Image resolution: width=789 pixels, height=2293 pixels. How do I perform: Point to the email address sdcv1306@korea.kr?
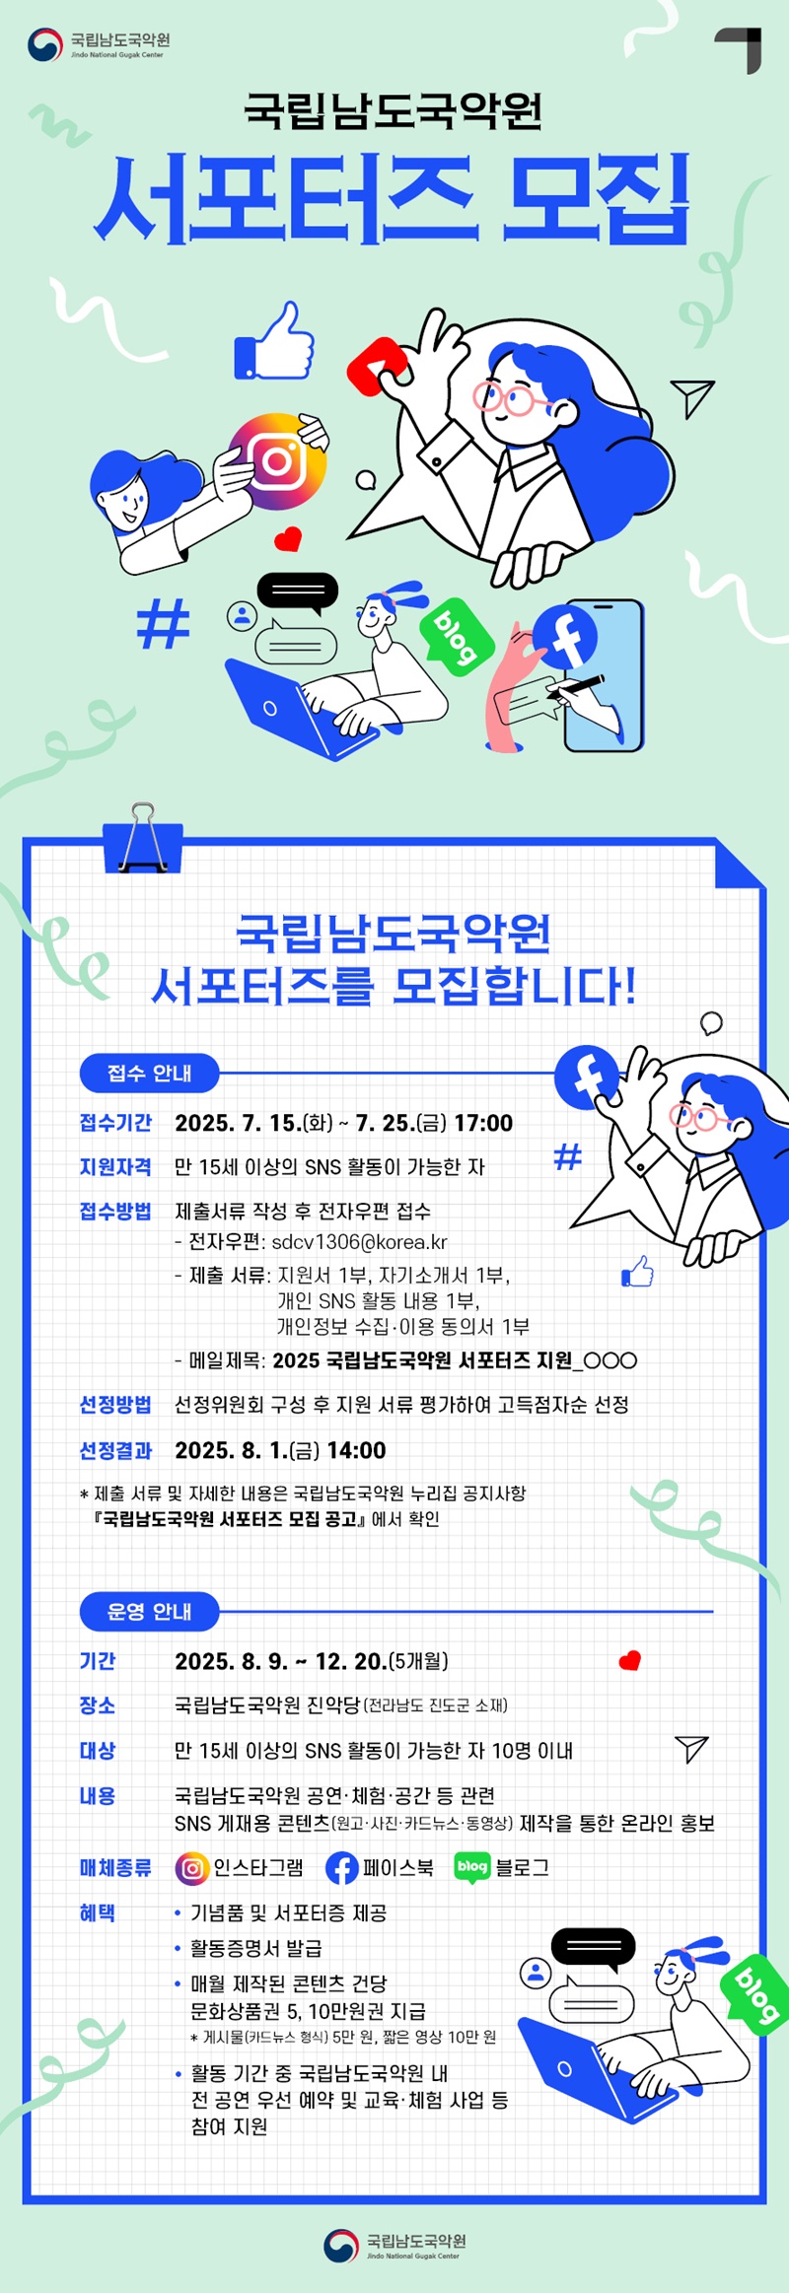coord(359,1242)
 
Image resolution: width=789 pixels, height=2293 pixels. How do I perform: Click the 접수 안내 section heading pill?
coord(149,1073)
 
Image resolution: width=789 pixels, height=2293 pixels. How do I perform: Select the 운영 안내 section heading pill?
coord(149,1611)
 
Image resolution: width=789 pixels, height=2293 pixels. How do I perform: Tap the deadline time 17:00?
coord(483,1123)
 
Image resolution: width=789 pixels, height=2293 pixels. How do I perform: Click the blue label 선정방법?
coord(115,1404)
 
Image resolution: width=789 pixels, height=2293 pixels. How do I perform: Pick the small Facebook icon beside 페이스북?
coord(341,1868)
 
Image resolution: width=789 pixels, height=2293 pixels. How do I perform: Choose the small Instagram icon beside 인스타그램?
coord(191,1868)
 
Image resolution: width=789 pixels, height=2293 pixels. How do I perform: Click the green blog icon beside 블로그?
coord(472,1867)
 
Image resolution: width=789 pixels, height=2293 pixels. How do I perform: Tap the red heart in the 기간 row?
coord(629,1660)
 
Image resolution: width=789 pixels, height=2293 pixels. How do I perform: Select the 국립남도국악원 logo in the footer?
coord(394,2245)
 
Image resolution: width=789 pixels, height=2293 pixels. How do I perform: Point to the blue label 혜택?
coord(97,1912)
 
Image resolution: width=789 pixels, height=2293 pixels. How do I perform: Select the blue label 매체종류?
coord(115,1867)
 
